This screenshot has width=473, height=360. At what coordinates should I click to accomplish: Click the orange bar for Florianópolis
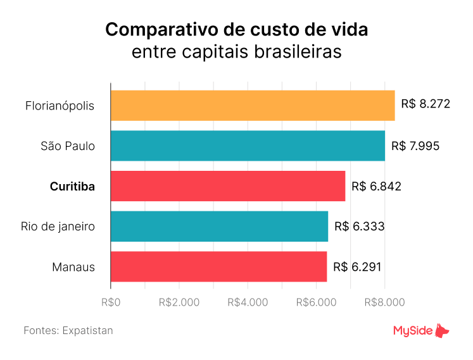(x=253, y=105)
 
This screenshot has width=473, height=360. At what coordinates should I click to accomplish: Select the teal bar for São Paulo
(x=248, y=146)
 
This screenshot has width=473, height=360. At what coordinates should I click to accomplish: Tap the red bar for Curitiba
(x=228, y=186)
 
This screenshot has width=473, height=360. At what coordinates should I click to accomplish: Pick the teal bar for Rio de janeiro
(x=219, y=227)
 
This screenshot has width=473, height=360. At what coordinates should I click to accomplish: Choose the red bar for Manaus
(x=218, y=266)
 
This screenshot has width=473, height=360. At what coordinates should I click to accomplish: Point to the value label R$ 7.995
(x=415, y=146)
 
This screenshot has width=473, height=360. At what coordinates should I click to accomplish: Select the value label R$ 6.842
(x=376, y=186)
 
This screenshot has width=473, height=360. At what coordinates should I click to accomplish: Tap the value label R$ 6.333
(x=359, y=227)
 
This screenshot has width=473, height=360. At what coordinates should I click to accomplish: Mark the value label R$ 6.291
(x=358, y=267)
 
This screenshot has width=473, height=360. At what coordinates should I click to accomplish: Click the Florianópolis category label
(x=60, y=106)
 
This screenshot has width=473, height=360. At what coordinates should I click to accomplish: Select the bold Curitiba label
(x=72, y=187)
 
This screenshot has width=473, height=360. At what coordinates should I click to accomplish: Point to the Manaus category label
(x=73, y=267)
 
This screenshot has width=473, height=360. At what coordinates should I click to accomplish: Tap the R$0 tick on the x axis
(x=111, y=302)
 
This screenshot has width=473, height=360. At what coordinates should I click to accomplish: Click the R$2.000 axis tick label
(x=179, y=302)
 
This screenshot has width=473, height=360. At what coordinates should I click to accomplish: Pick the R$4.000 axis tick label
(x=248, y=302)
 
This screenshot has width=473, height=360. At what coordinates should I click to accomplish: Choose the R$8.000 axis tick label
(x=384, y=302)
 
